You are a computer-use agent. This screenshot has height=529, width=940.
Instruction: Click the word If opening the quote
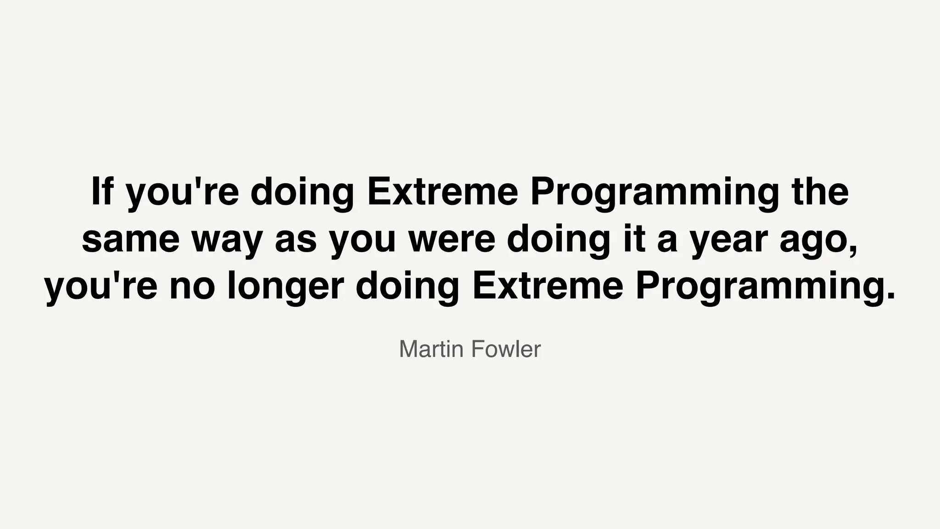click(x=102, y=192)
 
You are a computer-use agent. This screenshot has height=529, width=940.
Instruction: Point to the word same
click(x=131, y=239)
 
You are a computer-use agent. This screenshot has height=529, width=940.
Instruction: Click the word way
click(x=227, y=239)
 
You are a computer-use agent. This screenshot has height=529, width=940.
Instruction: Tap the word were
click(x=452, y=239)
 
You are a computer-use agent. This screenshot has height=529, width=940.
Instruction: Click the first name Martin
click(x=431, y=349)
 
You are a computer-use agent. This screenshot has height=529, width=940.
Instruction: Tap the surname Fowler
click(x=506, y=349)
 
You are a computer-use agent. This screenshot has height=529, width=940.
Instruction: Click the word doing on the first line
click(x=302, y=192)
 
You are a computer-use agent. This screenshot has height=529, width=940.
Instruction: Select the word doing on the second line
click(x=559, y=239)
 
